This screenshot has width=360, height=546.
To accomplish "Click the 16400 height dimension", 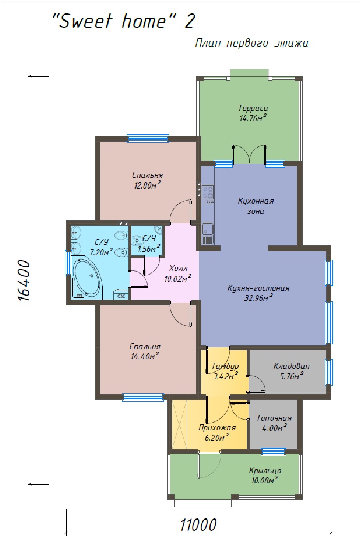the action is (x=23, y=280).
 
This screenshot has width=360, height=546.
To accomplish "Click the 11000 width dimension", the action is (x=198, y=525).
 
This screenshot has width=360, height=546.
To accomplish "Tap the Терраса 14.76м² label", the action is (x=253, y=113).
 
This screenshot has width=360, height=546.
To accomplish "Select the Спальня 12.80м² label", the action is (x=148, y=180).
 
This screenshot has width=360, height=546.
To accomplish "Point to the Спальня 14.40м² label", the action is (x=145, y=351).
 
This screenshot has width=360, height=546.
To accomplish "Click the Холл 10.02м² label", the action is (x=178, y=274).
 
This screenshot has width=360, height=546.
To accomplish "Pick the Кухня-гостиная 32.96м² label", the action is (x=258, y=293).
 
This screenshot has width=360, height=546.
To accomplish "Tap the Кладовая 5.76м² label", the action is (x=291, y=371).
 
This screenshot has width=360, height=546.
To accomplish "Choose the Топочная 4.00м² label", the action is (x=275, y=423).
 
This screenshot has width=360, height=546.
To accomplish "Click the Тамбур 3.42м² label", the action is (x=226, y=371).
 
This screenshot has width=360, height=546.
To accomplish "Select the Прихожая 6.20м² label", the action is (x=217, y=432).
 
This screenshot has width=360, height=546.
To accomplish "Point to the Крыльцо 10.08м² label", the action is (x=265, y=475).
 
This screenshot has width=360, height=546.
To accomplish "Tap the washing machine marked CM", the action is (x=121, y=295).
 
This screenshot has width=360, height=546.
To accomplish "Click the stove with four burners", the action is (x=208, y=192).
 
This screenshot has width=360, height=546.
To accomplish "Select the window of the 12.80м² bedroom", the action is (x=148, y=138).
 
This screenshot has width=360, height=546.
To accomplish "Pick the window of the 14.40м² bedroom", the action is (x=143, y=397).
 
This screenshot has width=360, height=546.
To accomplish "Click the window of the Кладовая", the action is (x=329, y=373).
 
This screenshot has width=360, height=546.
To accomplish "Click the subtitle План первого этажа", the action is (x=252, y=43).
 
